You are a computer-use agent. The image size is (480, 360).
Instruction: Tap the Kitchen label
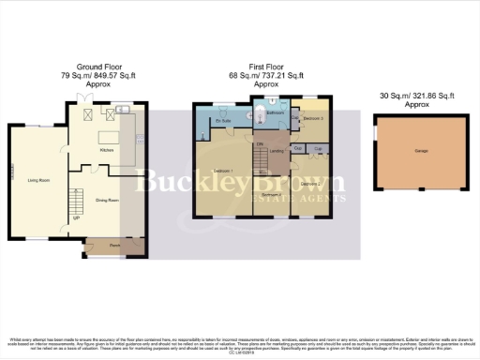point(107,149)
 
